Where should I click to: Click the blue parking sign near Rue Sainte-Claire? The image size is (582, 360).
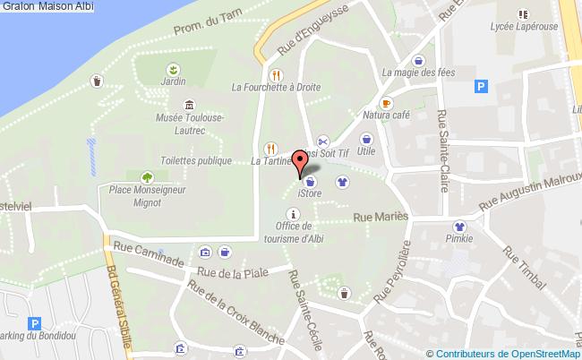point(481,87)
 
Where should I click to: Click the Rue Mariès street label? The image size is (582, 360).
point(381,217)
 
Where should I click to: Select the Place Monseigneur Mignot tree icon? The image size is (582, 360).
point(145,176)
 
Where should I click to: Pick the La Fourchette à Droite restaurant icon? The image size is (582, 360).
point(277,75)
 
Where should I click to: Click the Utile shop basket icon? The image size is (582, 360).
point(365,139)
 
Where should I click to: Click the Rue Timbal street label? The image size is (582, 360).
point(524,267)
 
